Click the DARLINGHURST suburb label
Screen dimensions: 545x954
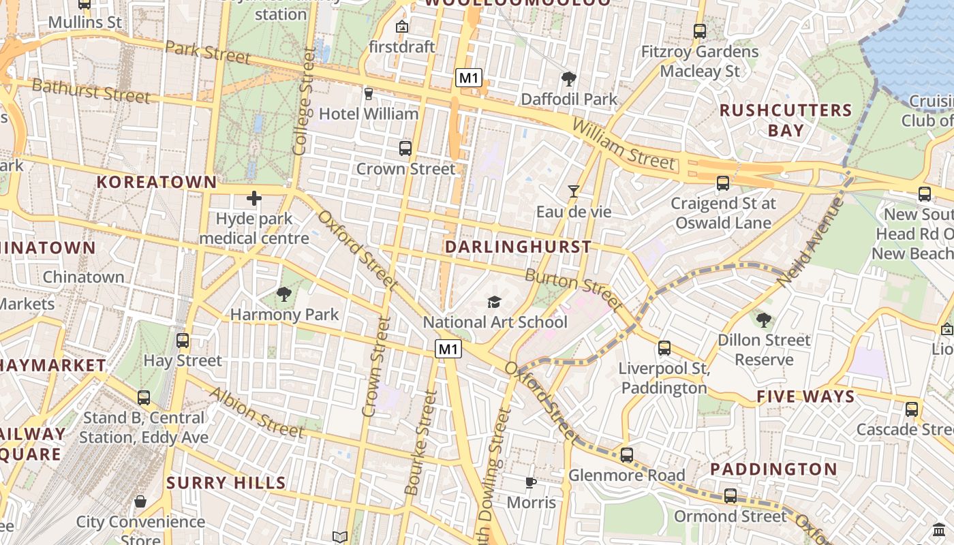coord(518,247)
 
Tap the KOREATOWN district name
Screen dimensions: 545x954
coord(156,182)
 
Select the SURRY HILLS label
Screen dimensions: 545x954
coord(226,483)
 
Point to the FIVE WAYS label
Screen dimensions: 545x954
coord(805,396)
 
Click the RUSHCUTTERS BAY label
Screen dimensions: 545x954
coord(786,120)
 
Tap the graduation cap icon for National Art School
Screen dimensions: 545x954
coord(494,302)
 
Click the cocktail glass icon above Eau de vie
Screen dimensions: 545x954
coord(574,191)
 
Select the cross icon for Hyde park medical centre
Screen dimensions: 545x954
coord(254,198)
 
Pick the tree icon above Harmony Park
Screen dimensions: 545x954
coord(283,294)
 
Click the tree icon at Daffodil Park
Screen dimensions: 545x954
coord(568,79)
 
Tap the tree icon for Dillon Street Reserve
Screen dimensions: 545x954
coord(764,320)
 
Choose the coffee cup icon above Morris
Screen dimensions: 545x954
coord(531,483)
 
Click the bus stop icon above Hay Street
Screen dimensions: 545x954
coord(183,340)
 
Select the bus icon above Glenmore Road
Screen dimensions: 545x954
coord(627,454)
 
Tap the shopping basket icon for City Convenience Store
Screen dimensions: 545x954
coord(140,502)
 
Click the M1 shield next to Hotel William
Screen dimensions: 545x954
coord(469,78)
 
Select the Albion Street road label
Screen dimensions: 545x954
coord(256,412)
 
